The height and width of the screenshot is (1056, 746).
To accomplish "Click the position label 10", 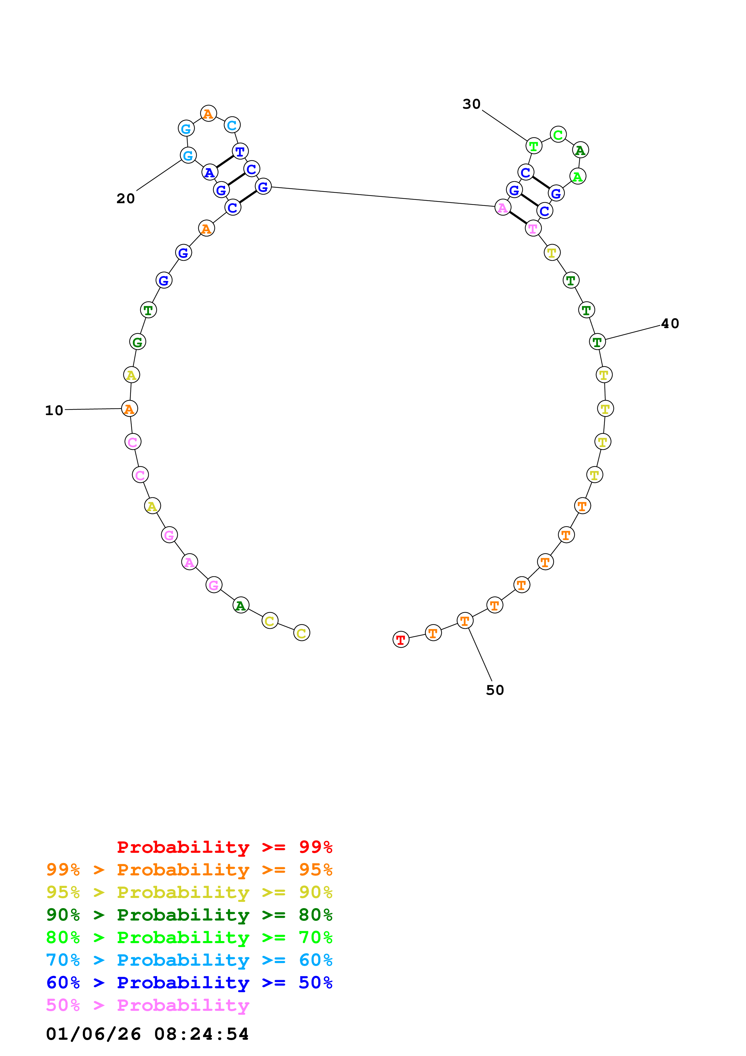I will pyautogui.click(x=54, y=410).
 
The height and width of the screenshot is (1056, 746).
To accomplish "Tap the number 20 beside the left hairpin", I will pyautogui.click(x=125, y=198).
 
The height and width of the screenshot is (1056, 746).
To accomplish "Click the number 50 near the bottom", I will pyautogui.click(x=495, y=690).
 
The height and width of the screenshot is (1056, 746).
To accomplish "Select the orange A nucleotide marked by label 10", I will pyautogui.click(x=129, y=408).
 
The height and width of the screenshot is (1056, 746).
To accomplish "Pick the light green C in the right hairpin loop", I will pyautogui.click(x=558, y=135).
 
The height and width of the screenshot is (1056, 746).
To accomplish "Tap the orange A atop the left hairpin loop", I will pyautogui.click(x=208, y=113).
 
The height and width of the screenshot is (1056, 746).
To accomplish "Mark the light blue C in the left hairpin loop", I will pyautogui.click(x=232, y=125).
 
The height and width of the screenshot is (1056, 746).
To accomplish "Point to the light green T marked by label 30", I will pyautogui.click(x=533, y=146).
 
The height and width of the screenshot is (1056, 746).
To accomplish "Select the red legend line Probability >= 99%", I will pyautogui.click(x=224, y=847).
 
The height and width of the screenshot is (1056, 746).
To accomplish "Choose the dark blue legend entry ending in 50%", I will pyautogui.click(x=189, y=983).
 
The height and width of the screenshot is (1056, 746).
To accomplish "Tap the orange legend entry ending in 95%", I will pyautogui.click(x=189, y=869).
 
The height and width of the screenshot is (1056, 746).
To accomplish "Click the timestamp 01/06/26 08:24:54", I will pyautogui.click(x=147, y=1034).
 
